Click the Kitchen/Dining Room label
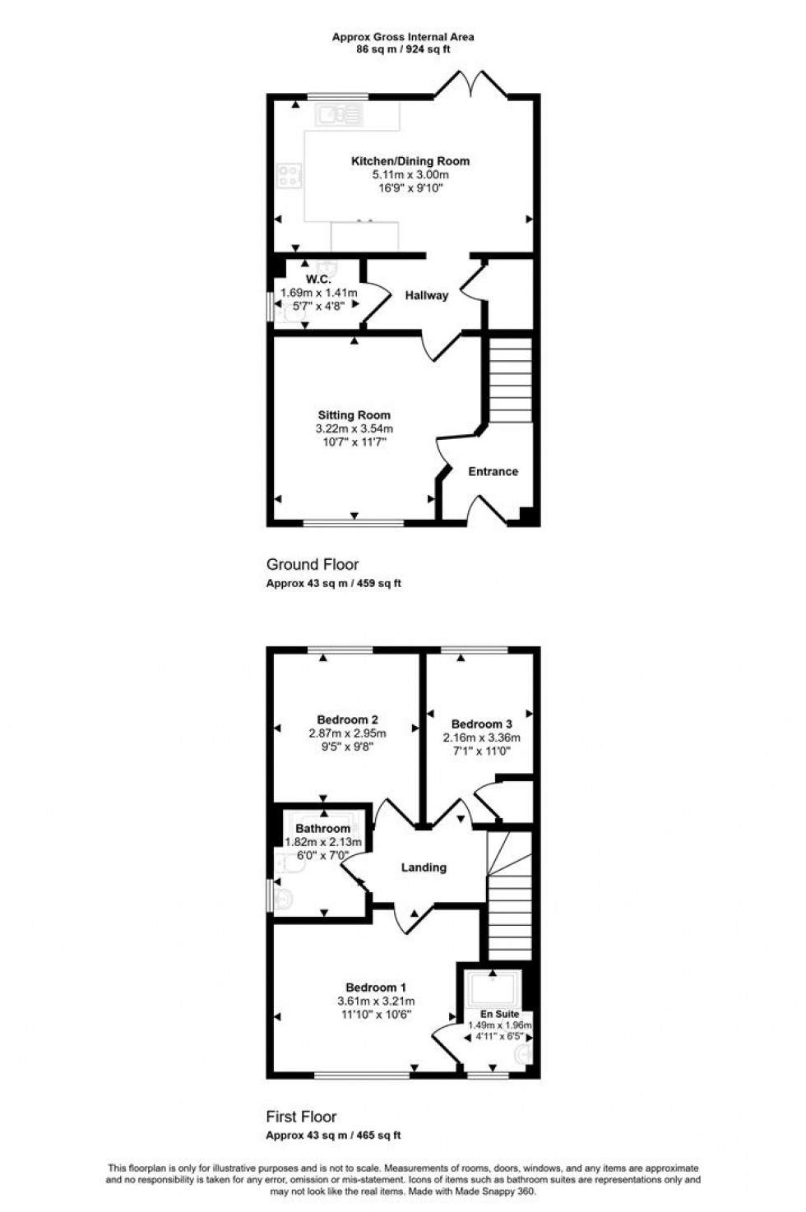click(x=410, y=161)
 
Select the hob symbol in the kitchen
click(x=290, y=175)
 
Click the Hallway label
click(x=426, y=295)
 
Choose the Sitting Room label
click(x=354, y=415)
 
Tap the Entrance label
click(x=493, y=471)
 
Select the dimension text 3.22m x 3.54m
click(x=354, y=428)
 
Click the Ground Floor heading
click(x=312, y=564)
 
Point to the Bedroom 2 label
click(x=347, y=719)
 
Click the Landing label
click(x=424, y=867)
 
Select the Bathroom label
click(x=322, y=828)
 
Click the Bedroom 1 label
click(x=375, y=988)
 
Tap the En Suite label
click(x=499, y=1014)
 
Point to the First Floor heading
click(x=301, y=1117)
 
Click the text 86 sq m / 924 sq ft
click(x=402, y=49)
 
